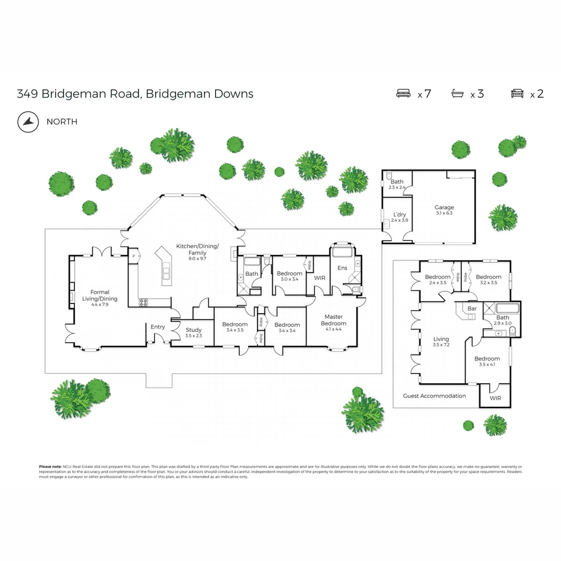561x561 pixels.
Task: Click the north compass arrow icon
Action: pos(28,122)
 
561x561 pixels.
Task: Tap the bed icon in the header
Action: pos(404,94)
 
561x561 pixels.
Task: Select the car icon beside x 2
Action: pos(517,94)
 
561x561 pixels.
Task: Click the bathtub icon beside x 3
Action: pos(458,94)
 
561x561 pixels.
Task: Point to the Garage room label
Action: pos(444,207)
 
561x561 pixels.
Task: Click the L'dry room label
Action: pos(399,215)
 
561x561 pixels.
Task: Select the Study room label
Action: pos(193,330)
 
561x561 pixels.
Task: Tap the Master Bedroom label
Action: pos(333,320)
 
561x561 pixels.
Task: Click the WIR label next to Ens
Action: pos(320,278)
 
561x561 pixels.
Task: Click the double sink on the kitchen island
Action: pos(166,272)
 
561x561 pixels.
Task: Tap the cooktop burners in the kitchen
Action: pos(144,302)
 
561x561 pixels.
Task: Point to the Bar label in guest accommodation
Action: pos(472,309)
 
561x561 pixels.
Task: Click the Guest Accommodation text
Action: pos(434,396)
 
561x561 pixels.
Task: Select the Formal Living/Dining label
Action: pos(100,295)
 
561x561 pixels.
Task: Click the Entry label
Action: pos(157,327)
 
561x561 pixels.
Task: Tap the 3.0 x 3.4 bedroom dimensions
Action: pos(289,279)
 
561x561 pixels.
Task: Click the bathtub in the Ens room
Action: pos(342,252)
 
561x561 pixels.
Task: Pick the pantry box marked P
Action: pos(133,256)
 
